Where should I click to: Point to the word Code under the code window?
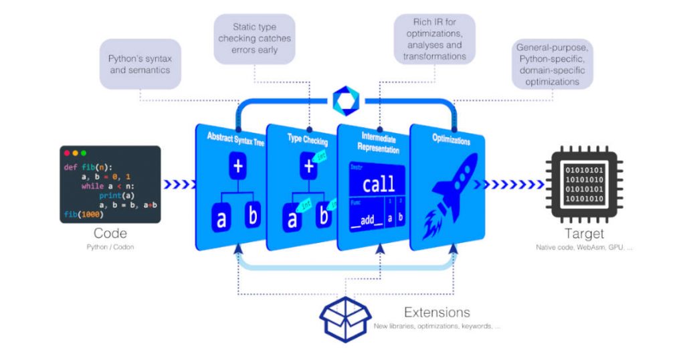(x=110, y=234)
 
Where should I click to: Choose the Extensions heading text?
(x=437, y=312)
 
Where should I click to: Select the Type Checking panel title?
(x=306, y=141)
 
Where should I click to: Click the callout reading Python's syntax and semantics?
(x=140, y=64)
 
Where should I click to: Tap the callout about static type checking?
(x=254, y=39)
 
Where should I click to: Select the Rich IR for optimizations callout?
(x=434, y=39)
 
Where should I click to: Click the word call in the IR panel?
(x=378, y=183)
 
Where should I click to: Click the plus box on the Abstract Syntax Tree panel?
(x=237, y=167)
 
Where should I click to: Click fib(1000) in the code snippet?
(x=81, y=213)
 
